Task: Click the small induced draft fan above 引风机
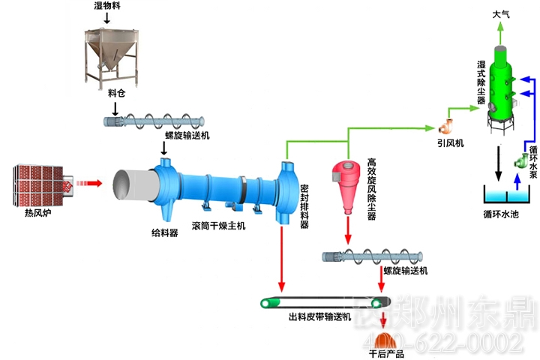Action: point(449,119)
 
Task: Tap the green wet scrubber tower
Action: point(501,82)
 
